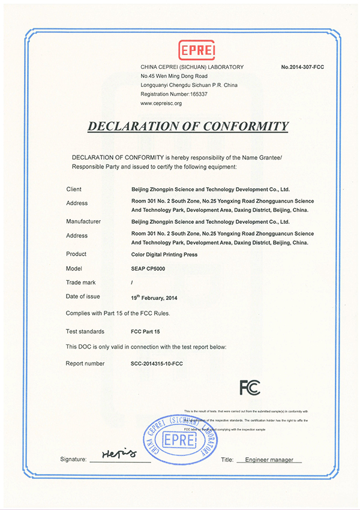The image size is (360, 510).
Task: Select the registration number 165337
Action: pos(190,94)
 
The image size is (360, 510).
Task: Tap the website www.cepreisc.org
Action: pos(161,103)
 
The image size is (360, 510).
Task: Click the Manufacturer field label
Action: pos(83,221)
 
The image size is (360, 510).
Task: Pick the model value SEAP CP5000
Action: pos(148,268)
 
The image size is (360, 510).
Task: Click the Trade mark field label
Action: pos(80,282)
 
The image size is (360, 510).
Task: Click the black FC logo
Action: pos(250,388)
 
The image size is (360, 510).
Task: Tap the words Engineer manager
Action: pos(265,460)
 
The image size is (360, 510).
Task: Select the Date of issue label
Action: pos(83,296)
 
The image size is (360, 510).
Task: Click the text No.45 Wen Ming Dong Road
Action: pos(174,76)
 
